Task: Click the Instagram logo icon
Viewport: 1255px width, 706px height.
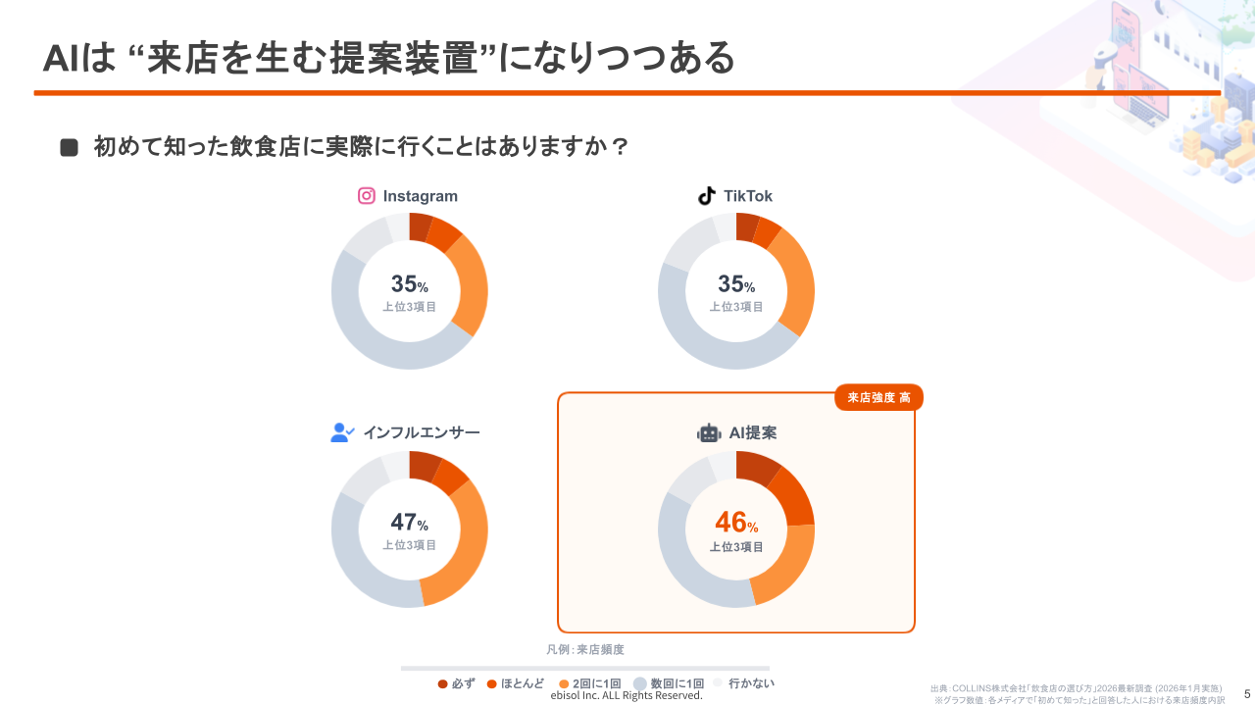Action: tap(367, 196)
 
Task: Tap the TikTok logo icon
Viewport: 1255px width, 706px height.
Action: tap(707, 196)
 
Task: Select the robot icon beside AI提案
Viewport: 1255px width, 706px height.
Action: tap(709, 432)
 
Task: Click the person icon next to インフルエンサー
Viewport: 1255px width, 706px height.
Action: tap(342, 432)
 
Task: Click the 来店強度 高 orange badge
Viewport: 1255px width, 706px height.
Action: tap(878, 397)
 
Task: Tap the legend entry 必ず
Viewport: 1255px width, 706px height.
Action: tap(457, 683)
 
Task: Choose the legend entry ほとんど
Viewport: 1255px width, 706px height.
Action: tap(515, 683)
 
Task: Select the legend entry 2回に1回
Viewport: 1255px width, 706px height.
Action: tap(590, 683)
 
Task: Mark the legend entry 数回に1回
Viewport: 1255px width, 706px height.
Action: tap(669, 683)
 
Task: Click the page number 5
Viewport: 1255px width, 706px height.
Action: tap(1247, 693)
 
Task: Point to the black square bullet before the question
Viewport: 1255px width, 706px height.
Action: tap(69, 148)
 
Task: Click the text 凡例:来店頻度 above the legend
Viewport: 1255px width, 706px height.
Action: tap(585, 649)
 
